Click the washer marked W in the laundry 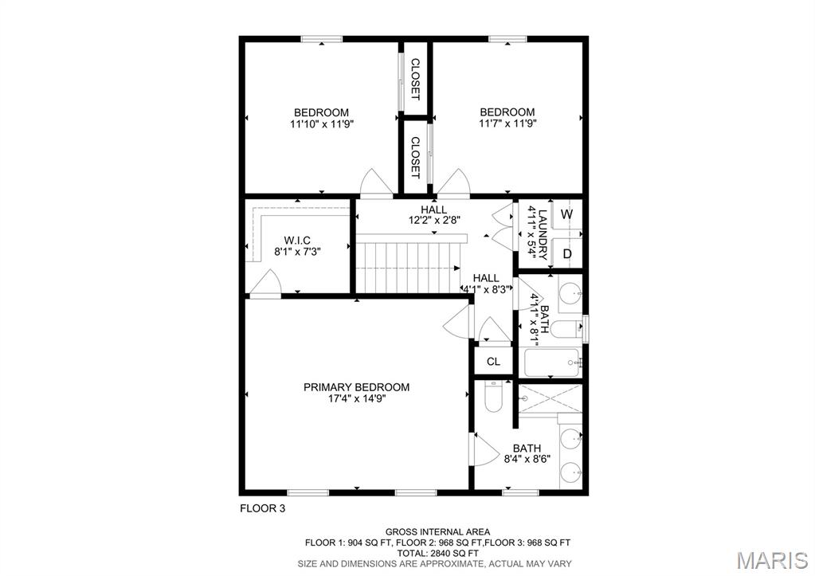[x=566, y=215]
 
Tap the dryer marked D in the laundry [x=566, y=254]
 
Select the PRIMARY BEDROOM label [x=356, y=387]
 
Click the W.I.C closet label [x=297, y=240]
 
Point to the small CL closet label [x=493, y=362]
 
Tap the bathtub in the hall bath [x=553, y=363]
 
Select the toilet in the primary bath [x=493, y=397]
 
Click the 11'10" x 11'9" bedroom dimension [x=321, y=124]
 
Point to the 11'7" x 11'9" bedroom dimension [x=507, y=124]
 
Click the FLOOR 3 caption [x=262, y=507]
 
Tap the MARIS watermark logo [x=772, y=559]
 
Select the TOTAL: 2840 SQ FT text [x=437, y=553]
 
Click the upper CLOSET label [x=415, y=79]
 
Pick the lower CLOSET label [x=415, y=157]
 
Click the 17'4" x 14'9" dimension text [x=356, y=399]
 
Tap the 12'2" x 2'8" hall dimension [x=433, y=221]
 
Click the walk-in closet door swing [x=266, y=284]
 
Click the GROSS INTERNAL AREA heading [x=437, y=531]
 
